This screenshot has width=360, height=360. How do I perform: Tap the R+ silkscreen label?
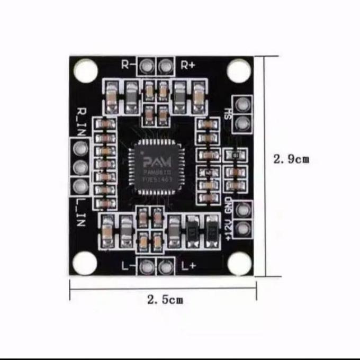tap(188, 65)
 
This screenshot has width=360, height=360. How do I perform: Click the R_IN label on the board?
tap(81, 121)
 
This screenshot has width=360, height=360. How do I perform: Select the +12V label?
tap(229, 231)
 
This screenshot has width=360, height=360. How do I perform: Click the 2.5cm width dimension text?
tap(165, 300)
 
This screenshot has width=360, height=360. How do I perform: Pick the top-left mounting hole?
tap(86, 70)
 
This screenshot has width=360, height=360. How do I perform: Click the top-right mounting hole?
tap(239, 71)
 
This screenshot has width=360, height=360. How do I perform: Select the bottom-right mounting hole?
tap(239, 263)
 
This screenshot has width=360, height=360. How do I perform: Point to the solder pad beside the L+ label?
tap(166, 267)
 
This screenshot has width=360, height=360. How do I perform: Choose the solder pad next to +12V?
tap(242, 229)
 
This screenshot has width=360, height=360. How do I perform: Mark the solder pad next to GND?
tap(242, 210)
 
